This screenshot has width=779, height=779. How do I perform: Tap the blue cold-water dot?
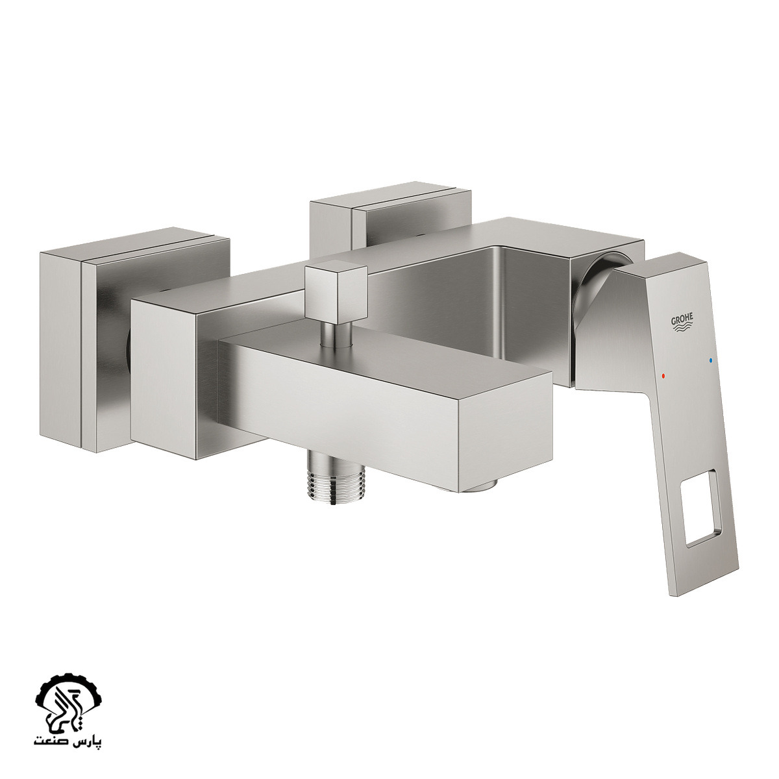pyautogui.click(x=711, y=360)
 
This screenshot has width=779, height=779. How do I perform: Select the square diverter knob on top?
pyautogui.click(x=336, y=292)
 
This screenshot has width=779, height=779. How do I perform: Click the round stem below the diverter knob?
pyautogui.click(x=336, y=335)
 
